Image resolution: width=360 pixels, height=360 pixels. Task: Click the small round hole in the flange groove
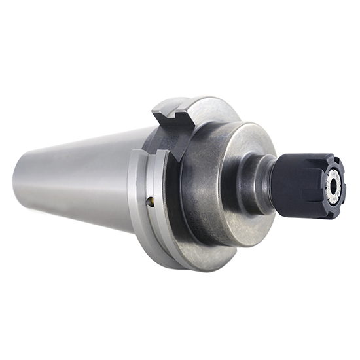150,201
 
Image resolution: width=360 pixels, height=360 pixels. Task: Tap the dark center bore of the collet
334,186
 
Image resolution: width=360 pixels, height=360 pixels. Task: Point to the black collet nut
302,183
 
